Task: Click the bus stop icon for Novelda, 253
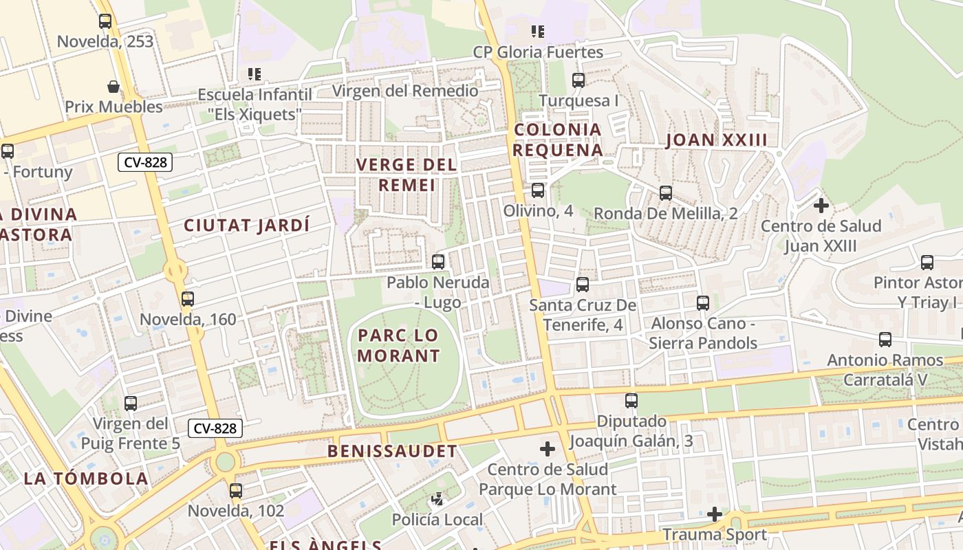105,21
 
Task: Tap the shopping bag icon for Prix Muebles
113,87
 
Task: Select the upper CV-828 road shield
145,162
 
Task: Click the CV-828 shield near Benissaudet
215,428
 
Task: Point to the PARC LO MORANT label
398,346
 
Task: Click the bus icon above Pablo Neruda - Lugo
438,262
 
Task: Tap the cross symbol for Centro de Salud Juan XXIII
821,206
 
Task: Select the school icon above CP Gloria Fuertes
538,31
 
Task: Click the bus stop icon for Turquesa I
578,80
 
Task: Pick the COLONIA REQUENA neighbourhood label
558,140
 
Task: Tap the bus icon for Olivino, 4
538,190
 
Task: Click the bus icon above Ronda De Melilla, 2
665,193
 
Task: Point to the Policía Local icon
437,498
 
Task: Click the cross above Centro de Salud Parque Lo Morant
548,450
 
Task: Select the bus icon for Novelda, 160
188,299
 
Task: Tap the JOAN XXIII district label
716,140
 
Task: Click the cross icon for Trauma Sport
715,514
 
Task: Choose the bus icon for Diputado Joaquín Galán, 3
631,401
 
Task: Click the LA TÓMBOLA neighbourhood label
86,478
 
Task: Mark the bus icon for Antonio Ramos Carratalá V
885,340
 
